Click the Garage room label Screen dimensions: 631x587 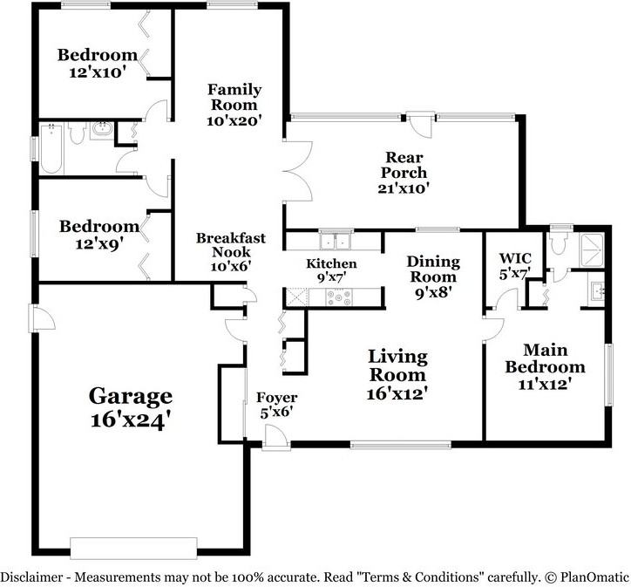(131, 396)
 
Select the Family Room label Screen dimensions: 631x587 (234, 97)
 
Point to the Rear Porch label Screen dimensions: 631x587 (404, 164)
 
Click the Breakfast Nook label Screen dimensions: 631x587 (231, 245)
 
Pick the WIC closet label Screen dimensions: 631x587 (515, 257)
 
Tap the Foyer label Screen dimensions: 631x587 (277, 398)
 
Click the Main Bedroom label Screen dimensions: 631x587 (546, 358)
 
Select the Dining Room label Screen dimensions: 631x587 (433, 269)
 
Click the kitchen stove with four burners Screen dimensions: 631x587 (338, 297)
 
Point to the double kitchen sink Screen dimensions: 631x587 (335, 242)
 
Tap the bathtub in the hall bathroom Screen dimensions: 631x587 (51, 148)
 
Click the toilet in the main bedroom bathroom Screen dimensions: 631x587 (559, 242)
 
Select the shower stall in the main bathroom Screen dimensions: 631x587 (592, 250)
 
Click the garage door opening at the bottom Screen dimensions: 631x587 (133, 548)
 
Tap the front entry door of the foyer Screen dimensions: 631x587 (276, 439)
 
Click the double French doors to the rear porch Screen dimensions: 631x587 (297, 171)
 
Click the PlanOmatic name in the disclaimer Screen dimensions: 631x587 (593, 577)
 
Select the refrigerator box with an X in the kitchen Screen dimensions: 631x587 (296, 297)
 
